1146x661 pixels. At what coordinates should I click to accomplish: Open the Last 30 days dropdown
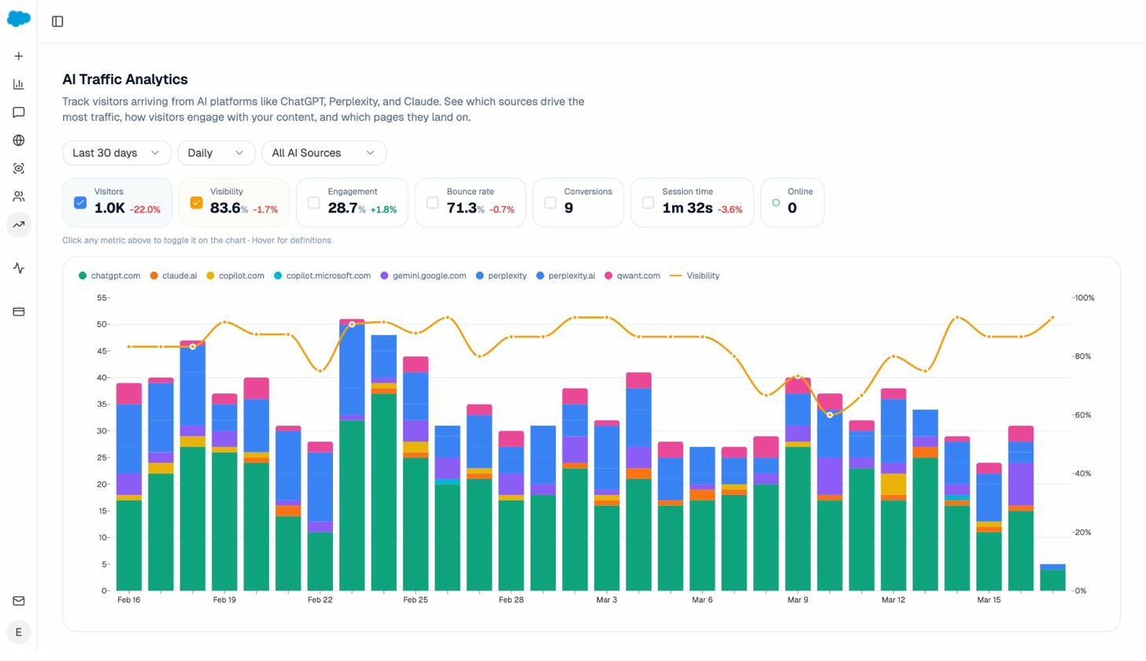[x=116, y=153]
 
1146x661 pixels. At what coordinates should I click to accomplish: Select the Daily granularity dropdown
[x=216, y=153]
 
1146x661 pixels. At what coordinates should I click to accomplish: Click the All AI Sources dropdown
[x=323, y=153]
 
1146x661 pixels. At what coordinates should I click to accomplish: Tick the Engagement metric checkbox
[x=314, y=203]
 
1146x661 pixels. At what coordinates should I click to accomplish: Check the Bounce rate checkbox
[x=432, y=203]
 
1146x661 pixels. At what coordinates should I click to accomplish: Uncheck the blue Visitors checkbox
[x=80, y=203]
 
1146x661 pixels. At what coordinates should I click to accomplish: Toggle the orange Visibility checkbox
[x=196, y=203]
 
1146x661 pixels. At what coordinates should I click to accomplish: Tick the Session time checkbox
[x=648, y=203]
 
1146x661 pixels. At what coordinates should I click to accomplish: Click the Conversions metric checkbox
[x=550, y=203]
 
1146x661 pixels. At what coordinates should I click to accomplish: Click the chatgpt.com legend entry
[x=109, y=276]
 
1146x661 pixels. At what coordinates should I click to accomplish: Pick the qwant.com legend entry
[x=632, y=276]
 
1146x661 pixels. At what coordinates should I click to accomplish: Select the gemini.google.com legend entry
[x=423, y=276]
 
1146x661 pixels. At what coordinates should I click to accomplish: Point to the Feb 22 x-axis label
[x=320, y=600]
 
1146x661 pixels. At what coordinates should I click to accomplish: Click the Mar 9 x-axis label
[x=797, y=600]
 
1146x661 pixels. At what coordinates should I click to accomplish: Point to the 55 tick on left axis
[x=102, y=298]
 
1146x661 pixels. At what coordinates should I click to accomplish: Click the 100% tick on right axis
[x=1084, y=298]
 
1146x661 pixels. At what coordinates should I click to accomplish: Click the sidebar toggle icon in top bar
[x=57, y=21]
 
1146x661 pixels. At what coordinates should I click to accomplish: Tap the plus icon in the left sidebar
[x=19, y=57]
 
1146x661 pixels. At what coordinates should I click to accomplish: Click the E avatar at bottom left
[x=19, y=632]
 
